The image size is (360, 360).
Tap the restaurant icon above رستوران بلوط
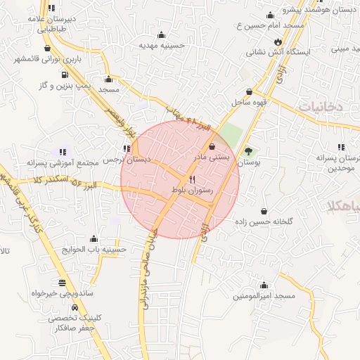coord(192,180)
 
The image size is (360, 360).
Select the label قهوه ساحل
coord(249,102)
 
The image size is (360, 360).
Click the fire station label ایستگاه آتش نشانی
coord(288,51)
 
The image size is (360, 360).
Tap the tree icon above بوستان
coord(247,151)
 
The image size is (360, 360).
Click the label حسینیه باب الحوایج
coord(94,249)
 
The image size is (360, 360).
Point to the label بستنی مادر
coord(211,157)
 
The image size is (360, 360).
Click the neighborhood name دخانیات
coord(321,105)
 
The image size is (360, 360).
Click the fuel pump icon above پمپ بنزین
coord(65,74)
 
